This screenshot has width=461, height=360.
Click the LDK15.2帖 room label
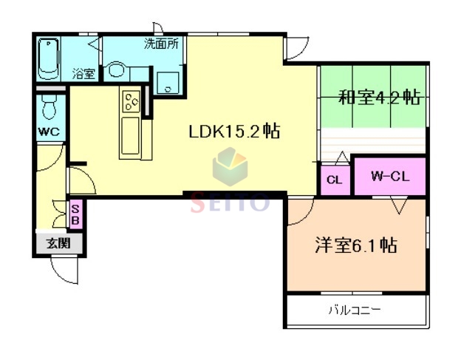tap(233, 132)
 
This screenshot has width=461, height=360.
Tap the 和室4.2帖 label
tap(379, 98)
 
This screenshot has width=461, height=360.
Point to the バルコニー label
tap(355, 310)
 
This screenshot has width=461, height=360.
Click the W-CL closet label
tap(389, 176)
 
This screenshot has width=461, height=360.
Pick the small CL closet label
tap(335, 179)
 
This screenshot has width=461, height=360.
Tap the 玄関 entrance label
tap(58, 242)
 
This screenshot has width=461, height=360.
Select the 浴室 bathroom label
tap(83, 73)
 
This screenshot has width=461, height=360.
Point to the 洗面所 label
tap(160, 44)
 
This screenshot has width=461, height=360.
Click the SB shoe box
tap(75, 214)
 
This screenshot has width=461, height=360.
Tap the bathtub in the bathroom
tap(50, 58)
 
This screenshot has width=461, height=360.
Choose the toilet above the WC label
tap(49, 106)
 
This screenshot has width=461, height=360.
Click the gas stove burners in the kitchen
tap(132, 100)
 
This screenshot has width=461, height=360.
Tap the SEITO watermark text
tap(230, 202)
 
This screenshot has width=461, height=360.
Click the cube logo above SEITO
tap(230, 167)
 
